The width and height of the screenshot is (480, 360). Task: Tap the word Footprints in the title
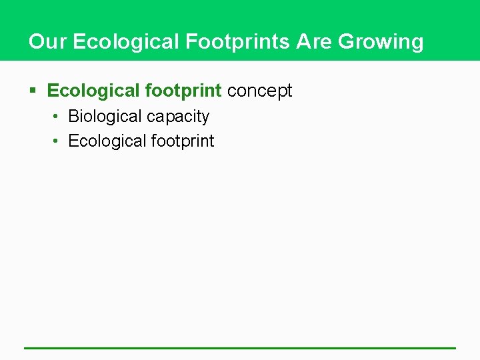pyautogui.click(x=238, y=42)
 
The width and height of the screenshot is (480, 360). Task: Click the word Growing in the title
pyautogui.click(x=381, y=42)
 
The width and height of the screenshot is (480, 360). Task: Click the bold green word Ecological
pyautogui.click(x=93, y=91)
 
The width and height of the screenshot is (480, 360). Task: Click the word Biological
pyautogui.click(x=105, y=117)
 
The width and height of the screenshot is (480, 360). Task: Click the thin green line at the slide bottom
pyautogui.click(x=240, y=347)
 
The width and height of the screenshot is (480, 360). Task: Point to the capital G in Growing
pyautogui.click(x=346, y=42)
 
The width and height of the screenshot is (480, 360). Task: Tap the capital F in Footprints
pyautogui.click(x=191, y=42)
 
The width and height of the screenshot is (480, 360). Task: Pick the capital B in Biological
pyautogui.click(x=73, y=117)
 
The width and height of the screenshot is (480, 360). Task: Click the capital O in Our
pyautogui.click(x=36, y=42)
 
